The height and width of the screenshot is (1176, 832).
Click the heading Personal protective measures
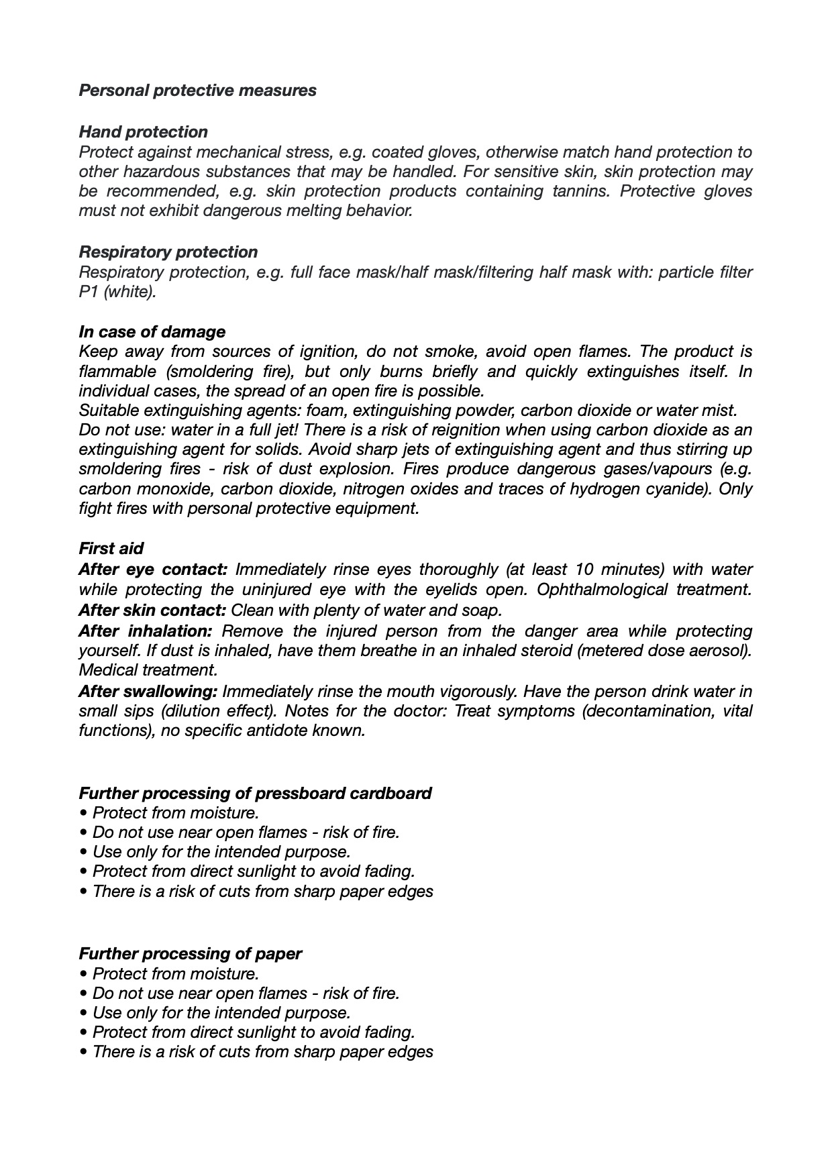coord(197,90)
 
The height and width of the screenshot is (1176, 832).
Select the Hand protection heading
coord(143,131)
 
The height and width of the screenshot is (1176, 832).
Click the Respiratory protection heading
coord(168,252)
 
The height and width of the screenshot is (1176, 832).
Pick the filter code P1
coord(89,292)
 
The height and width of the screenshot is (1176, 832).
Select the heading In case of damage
coord(152,331)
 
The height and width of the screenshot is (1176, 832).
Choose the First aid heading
coord(111,548)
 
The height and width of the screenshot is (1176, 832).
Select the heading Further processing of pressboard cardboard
coord(255,793)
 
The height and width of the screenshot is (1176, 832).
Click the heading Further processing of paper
coord(190,953)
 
